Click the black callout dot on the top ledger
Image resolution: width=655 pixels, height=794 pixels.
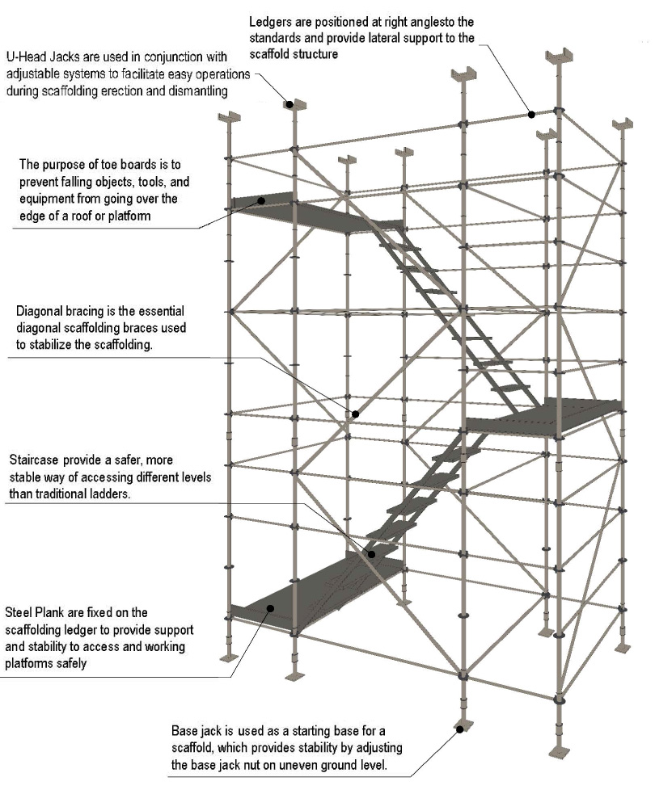(532, 114)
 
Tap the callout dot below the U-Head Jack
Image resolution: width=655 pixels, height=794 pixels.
(288, 103)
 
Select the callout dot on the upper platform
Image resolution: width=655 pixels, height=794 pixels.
(262, 199)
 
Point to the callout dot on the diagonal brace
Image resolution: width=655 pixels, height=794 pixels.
(354, 414)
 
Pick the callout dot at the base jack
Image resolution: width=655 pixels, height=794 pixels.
(459, 729)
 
